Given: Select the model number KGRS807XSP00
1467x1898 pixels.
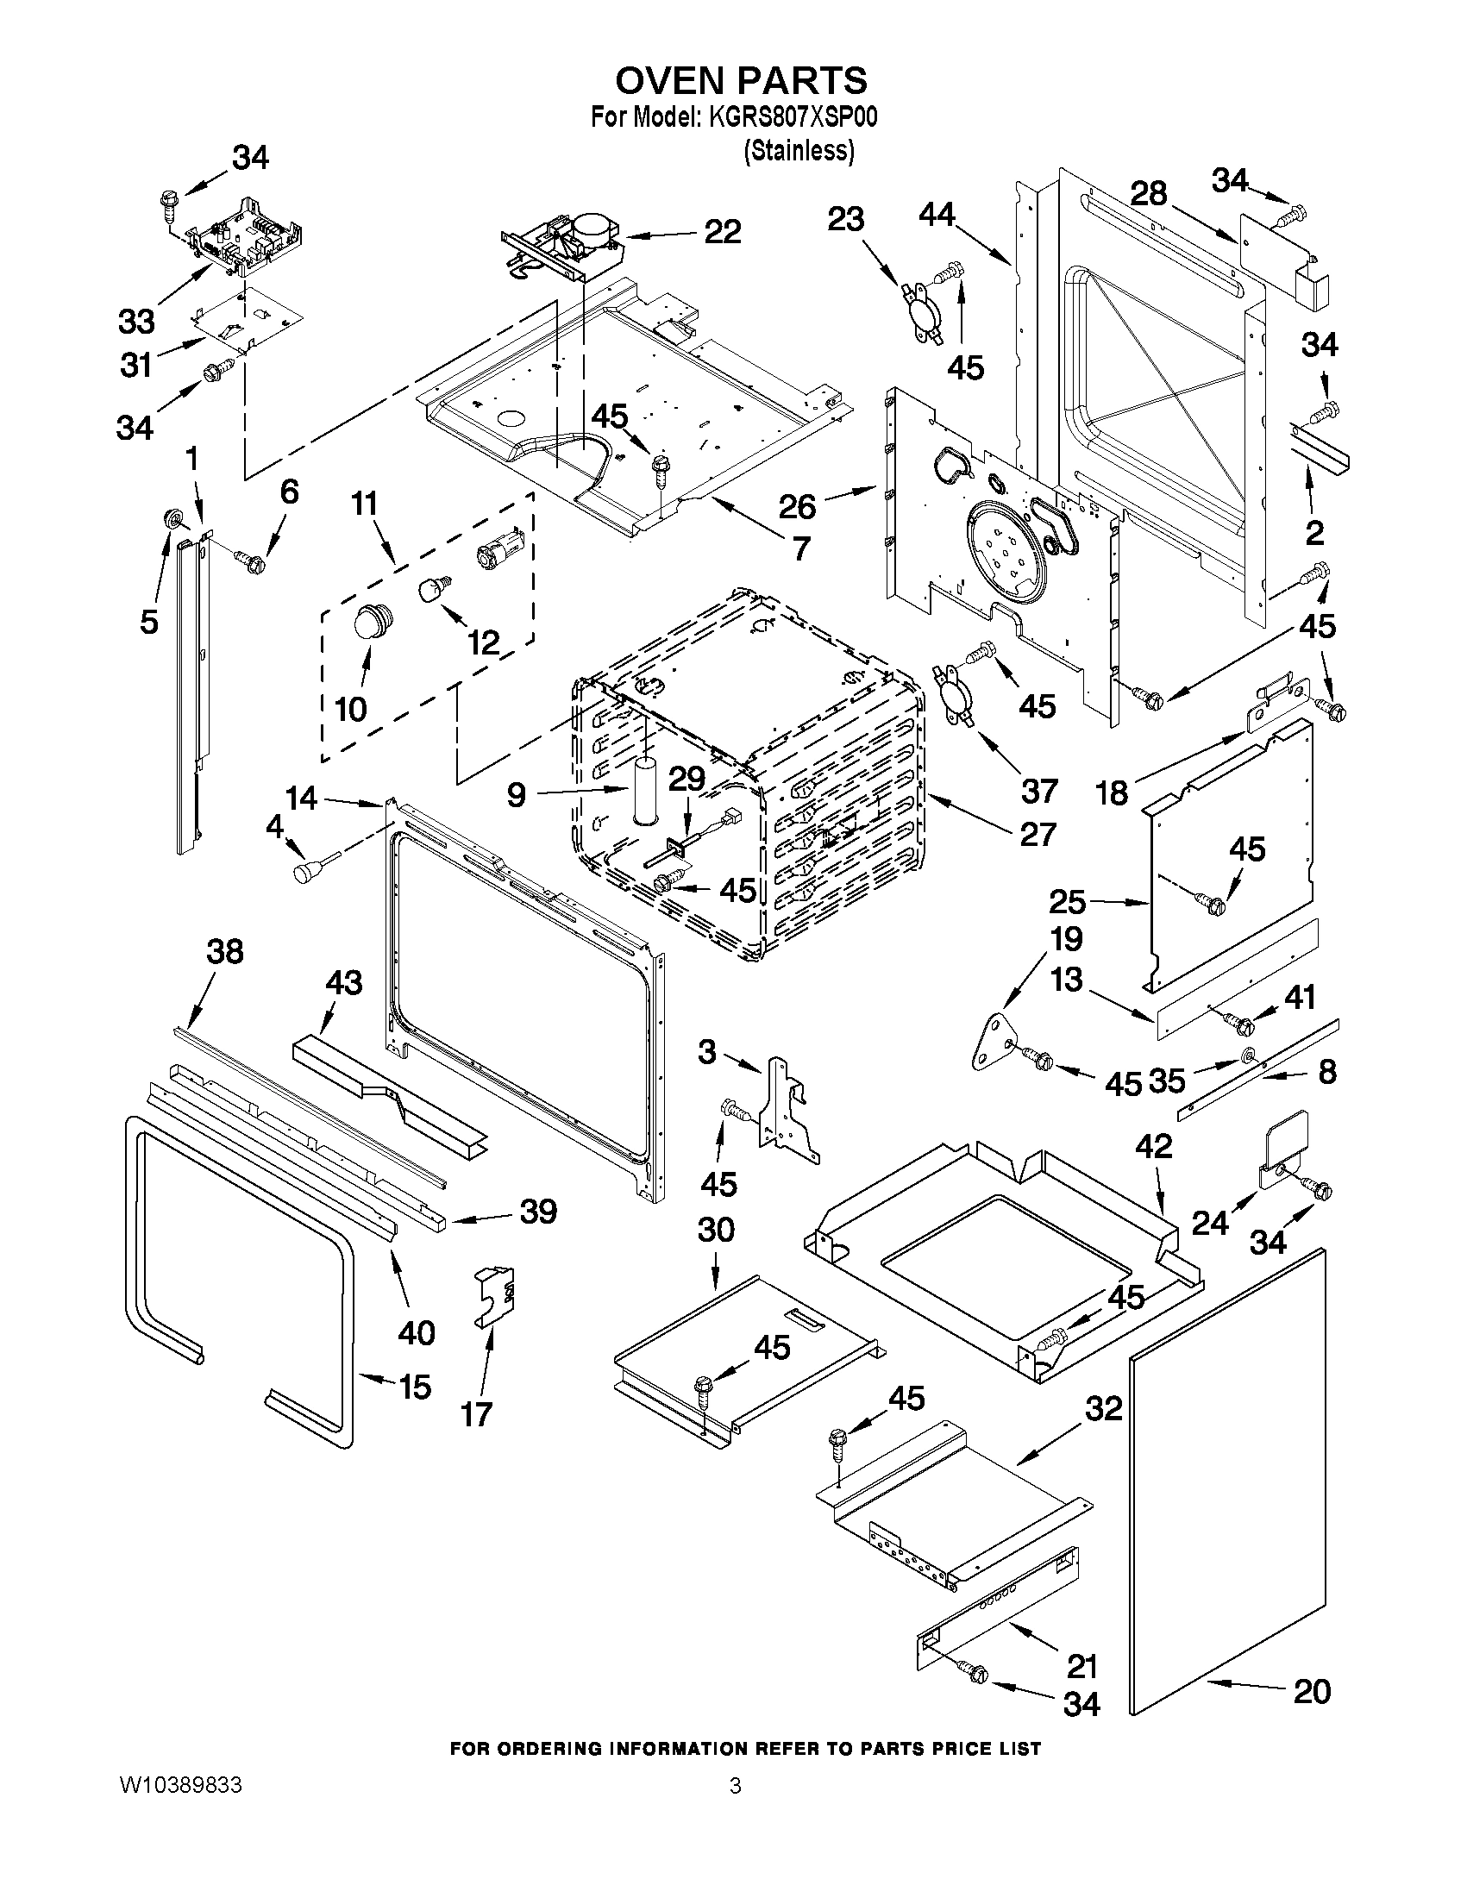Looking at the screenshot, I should click(x=793, y=116).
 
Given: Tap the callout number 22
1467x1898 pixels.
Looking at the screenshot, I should click(x=721, y=231).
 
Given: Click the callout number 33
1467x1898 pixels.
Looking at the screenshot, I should click(x=136, y=322).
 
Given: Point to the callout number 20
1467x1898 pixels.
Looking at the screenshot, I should click(x=1312, y=1691).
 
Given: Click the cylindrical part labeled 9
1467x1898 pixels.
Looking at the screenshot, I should click(x=645, y=791).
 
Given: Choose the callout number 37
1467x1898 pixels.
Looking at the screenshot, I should click(x=1038, y=790).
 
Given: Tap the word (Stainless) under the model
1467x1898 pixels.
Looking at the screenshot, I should click(x=799, y=150).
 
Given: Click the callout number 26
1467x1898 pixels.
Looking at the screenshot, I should click(x=797, y=507).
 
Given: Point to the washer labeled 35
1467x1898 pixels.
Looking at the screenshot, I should click(x=1245, y=1055).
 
